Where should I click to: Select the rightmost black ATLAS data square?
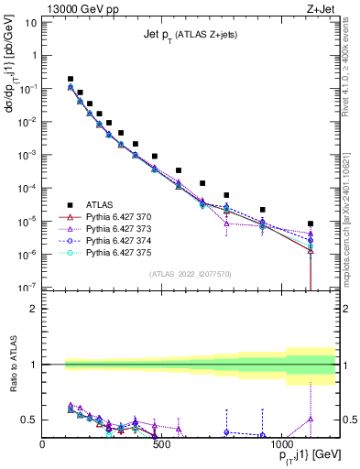311,224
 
